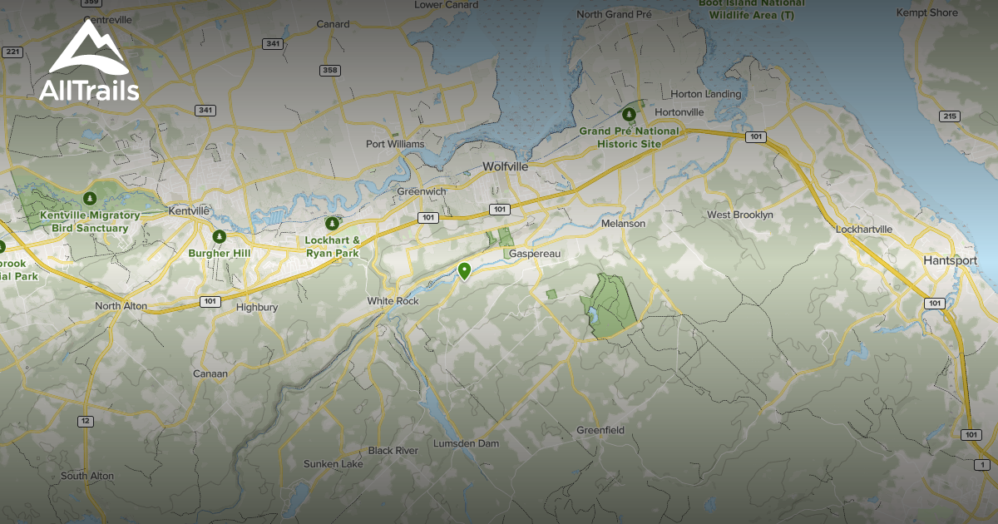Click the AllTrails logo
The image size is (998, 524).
coord(89,62)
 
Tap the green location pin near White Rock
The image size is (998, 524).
coord(465,270)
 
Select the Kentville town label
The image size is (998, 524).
coord(189,211)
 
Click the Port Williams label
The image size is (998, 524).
coord(395,144)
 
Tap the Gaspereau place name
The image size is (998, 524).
coord(531,253)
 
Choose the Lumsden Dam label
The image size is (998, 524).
coord(466,443)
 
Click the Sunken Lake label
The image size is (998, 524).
coord(333,463)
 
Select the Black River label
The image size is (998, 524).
coord(393,450)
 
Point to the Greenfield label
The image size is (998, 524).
coord(600,430)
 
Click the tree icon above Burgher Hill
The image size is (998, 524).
coord(219,237)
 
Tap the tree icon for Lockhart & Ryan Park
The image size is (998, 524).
coord(333,223)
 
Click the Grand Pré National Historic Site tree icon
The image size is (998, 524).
coord(630,115)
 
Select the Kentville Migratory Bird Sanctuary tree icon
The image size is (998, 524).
coord(90,199)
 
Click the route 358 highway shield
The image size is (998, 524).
coord(330,70)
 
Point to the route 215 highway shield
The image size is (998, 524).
coord(949,116)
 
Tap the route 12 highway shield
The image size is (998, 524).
coord(85,421)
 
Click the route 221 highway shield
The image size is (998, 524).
coord(12,52)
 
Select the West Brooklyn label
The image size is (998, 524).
coord(740,215)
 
